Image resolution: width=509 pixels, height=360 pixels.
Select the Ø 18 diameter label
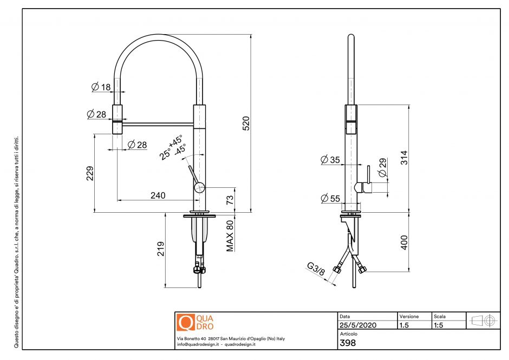tap(101, 87)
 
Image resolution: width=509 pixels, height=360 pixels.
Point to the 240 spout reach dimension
tap(158, 195)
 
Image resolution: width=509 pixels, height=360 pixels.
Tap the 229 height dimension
tap(90, 173)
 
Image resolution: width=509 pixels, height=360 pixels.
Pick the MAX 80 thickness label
tap(230, 235)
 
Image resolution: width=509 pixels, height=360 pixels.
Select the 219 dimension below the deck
tap(160, 249)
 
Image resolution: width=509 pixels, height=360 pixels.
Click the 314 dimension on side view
tap(403, 158)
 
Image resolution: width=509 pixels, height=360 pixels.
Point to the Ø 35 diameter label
tap(330, 160)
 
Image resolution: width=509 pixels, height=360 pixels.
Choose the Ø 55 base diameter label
tap(330, 199)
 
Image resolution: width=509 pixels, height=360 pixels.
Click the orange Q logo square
tap(185, 322)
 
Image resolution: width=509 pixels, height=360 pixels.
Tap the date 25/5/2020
tap(357, 325)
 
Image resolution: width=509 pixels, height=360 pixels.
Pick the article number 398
tap(347, 343)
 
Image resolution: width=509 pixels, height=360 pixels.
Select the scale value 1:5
tap(440, 325)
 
